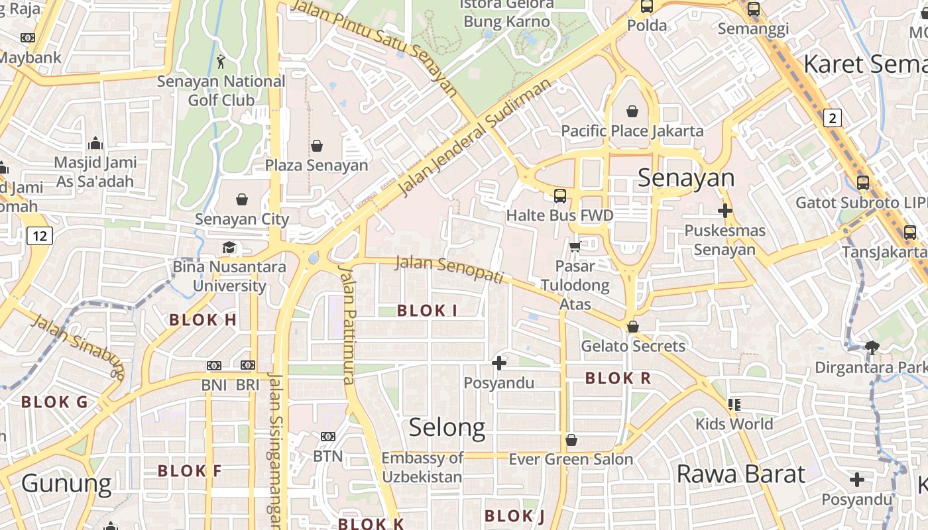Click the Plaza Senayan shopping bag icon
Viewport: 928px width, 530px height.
(x=317, y=146)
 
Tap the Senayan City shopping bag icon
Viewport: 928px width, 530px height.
(x=242, y=199)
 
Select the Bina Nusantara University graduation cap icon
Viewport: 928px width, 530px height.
(x=229, y=247)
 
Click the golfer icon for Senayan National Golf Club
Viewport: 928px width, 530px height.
(x=221, y=62)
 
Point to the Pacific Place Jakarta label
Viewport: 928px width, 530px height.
(x=632, y=131)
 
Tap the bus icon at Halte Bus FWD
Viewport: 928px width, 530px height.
(x=560, y=195)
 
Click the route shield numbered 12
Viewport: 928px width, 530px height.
(x=40, y=236)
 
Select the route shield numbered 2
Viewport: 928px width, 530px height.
(x=833, y=119)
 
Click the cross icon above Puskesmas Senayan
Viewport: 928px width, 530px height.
(x=725, y=211)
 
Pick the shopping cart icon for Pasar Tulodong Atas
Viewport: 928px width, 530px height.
(x=575, y=247)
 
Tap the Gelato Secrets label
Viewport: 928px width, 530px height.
(x=633, y=346)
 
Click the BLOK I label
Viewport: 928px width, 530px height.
(x=427, y=310)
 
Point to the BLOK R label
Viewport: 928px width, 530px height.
(x=618, y=378)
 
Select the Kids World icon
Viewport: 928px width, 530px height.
(x=734, y=404)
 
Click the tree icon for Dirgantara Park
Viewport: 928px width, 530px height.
(x=872, y=347)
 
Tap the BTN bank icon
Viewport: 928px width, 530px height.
(x=327, y=437)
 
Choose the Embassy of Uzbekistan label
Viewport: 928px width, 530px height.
(x=422, y=467)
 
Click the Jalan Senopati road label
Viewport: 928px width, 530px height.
(x=449, y=268)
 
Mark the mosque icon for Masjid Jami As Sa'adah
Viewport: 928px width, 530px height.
(x=95, y=143)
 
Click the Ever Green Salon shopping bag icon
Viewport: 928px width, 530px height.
(x=571, y=440)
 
